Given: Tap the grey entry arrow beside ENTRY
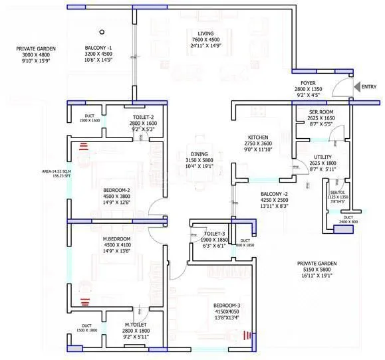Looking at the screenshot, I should point(356,87).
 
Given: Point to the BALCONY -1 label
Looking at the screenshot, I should point(98,48).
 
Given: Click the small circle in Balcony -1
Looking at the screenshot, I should point(102,31).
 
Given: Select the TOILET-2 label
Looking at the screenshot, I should point(143,116).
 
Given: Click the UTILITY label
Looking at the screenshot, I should point(322,157).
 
